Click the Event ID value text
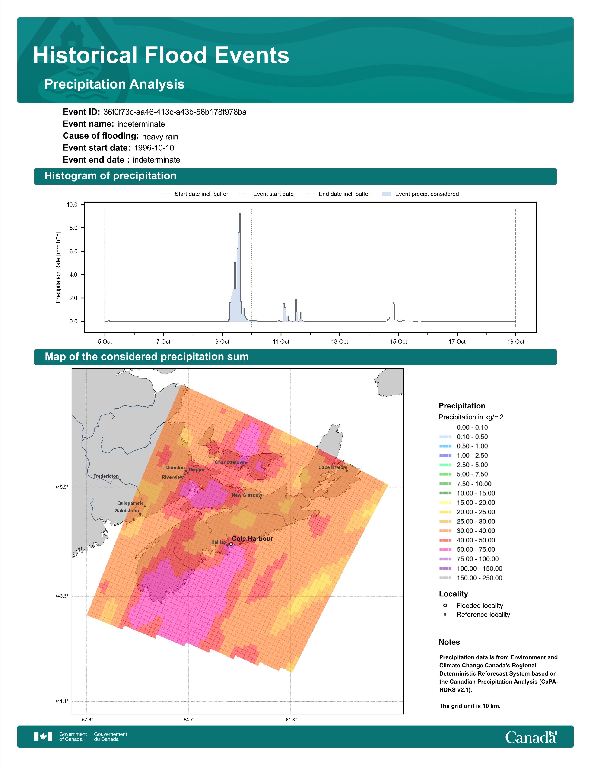[x=175, y=112]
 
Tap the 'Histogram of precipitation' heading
[x=110, y=176]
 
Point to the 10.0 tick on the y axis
[x=72, y=204]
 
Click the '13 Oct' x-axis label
[x=339, y=341]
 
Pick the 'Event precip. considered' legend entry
[x=420, y=194]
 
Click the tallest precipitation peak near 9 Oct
[x=240, y=214]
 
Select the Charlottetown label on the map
[x=230, y=462]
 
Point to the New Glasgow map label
[x=247, y=495]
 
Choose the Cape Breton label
[x=332, y=467]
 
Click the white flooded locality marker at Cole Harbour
[x=231, y=544]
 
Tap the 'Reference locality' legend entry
[x=477, y=615]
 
